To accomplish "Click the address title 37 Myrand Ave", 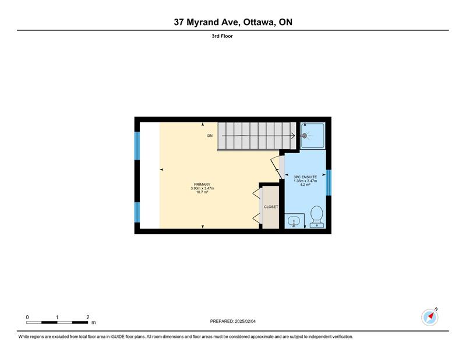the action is [207, 22].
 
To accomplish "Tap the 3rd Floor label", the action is [222, 36].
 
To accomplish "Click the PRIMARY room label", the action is [202, 185].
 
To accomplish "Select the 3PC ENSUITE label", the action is [305, 177].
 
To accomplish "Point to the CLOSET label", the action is [271, 207].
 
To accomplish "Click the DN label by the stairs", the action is [210, 136].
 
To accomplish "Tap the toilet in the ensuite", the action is [316, 217].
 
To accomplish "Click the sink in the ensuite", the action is [294, 221].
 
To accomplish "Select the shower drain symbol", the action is [304, 136].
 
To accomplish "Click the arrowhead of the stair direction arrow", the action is [294, 136].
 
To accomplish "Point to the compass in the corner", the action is [430, 317].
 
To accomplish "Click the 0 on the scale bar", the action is [27, 317].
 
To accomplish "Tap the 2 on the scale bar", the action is [88, 317].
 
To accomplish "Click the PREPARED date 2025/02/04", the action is [245, 322].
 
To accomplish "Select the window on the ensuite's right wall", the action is [329, 182].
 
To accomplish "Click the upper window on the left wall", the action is [137, 146].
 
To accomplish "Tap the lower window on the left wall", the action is [137, 212].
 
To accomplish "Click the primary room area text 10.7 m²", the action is [202, 192].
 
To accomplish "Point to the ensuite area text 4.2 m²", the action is [305, 185].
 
